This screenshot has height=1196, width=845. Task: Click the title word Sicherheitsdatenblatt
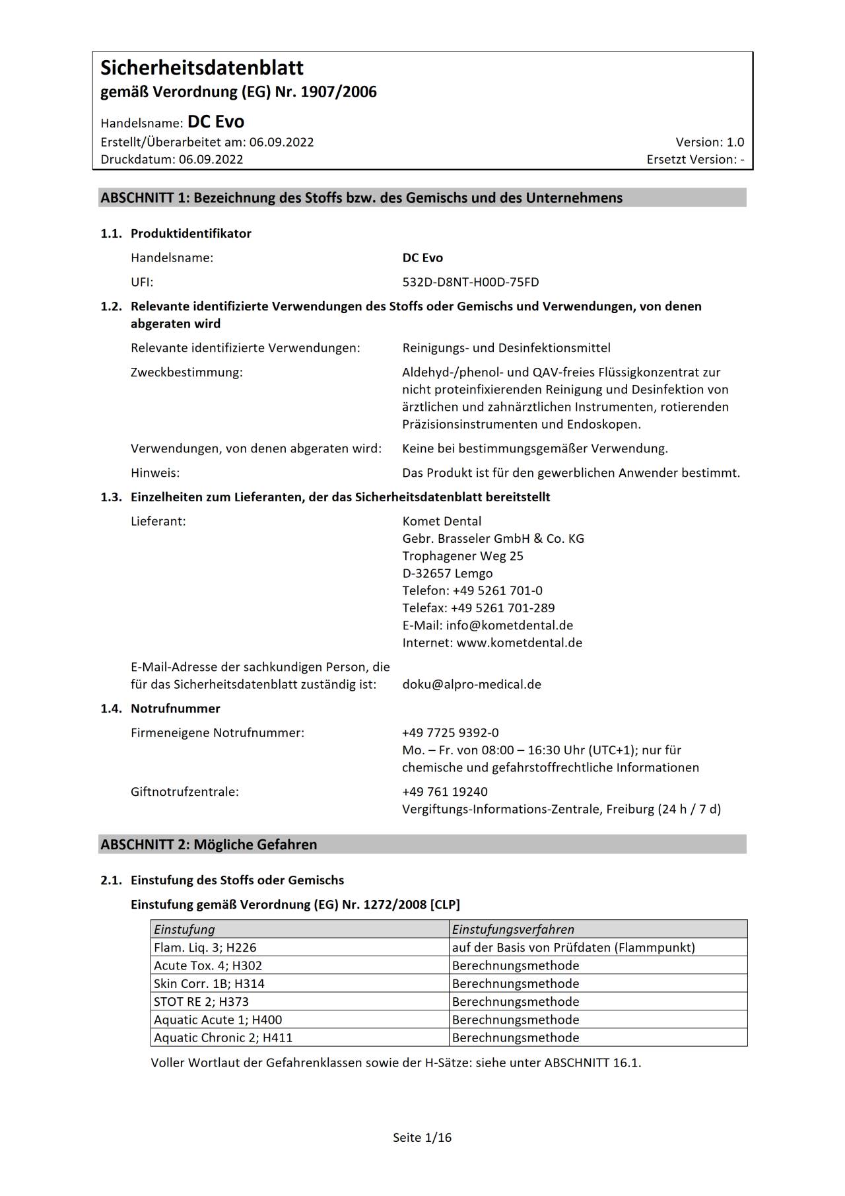click(x=202, y=68)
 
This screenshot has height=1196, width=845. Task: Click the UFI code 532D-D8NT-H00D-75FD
click(x=470, y=282)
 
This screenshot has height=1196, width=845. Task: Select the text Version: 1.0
click(x=709, y=142)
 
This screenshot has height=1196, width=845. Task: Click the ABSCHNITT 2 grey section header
click(x=422, y=844)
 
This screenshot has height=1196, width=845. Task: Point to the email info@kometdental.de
click(x=509, y=625)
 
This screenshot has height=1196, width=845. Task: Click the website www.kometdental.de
click(x=519, y=643)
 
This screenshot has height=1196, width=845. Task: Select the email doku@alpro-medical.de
click(x=471, y=684)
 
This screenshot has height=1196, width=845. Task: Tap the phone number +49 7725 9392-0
click(x=450, y=732)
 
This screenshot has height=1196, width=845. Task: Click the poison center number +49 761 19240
click(x=445, y=791)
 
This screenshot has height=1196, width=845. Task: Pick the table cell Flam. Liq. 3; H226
click(x=205, y=947)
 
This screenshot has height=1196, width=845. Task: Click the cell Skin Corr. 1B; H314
click(x=209, y=983)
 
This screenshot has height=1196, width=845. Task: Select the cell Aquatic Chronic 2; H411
click(x=223, y=1038)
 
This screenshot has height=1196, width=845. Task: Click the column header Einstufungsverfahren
click(x=513, y=929)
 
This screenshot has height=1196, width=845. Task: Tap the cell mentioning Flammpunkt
click(x=573, y=947)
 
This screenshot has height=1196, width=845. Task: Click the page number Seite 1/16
click(x=422, y=1137)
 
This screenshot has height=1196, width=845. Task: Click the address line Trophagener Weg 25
click(x=463, y=555)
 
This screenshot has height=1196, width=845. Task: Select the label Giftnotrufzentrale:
click(x=185, y=791)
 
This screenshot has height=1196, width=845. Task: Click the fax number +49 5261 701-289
click(x=502, y=608)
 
